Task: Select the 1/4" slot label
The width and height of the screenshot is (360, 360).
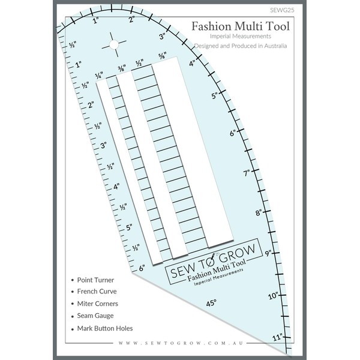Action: click(x=99, y=76)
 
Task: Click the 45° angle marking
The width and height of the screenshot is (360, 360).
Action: click(x=211, y=304)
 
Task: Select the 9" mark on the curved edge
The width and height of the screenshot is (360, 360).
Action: click(x=268, y=253)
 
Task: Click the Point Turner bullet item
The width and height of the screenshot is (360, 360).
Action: click(x=95, y=280)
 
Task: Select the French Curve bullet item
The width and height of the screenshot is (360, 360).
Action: click(x=97, y=292)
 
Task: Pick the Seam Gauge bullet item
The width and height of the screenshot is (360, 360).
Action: click(x=95, y=316)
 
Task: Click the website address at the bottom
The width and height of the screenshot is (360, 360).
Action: click(x=180, y=343)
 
